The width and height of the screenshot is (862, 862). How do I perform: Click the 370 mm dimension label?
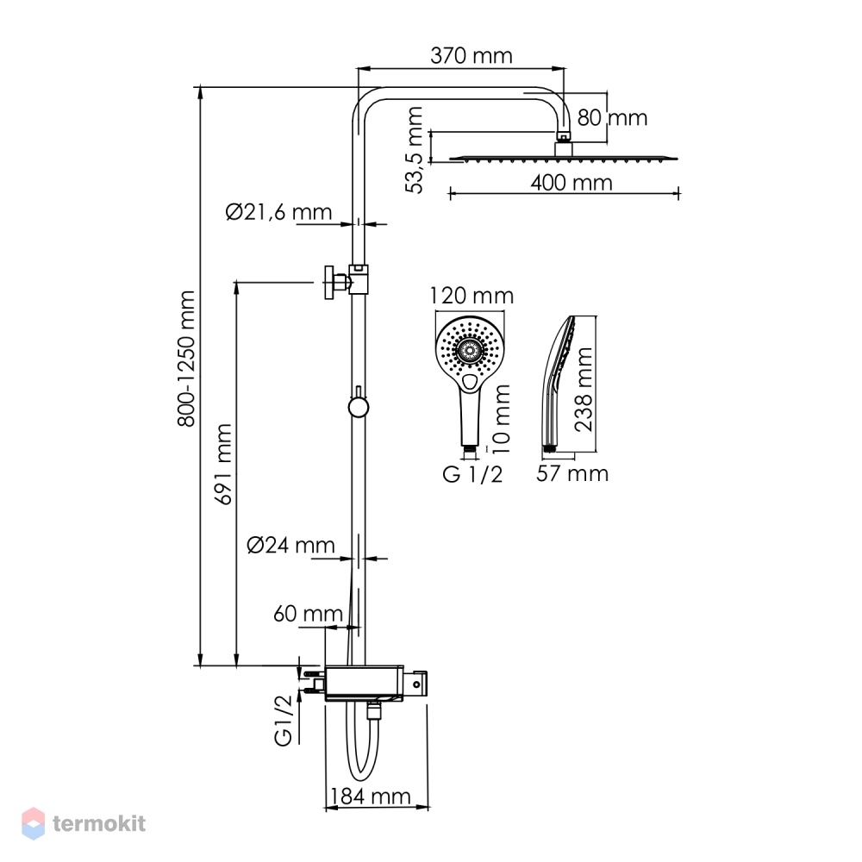[472, 55]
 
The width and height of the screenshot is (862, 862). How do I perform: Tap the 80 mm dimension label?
[612, 117]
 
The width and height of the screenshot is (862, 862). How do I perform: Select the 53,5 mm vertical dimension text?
[414, 149]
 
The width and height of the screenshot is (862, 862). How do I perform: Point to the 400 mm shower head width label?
[572, 183]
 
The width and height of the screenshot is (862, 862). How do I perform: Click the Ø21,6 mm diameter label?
[278, 212]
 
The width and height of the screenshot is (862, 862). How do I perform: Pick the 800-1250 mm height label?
[186, 359]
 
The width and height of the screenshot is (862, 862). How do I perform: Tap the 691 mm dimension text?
[223, 464]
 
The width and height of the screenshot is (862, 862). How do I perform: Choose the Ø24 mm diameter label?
[290, 545]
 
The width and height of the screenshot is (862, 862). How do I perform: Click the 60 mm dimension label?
[308, 614]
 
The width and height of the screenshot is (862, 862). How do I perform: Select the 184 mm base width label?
[370, 796]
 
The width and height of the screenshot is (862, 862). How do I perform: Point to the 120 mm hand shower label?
[472, 296]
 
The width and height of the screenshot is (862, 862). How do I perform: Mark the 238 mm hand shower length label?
[584, 390]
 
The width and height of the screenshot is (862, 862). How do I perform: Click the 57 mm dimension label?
[572, 473]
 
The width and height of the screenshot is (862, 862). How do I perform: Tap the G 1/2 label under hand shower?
[472, 474]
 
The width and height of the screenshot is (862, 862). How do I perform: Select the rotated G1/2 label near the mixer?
[283, 720]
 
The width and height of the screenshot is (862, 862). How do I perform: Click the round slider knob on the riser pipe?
[359, 408]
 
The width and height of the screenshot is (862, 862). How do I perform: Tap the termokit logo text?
[99, 823]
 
